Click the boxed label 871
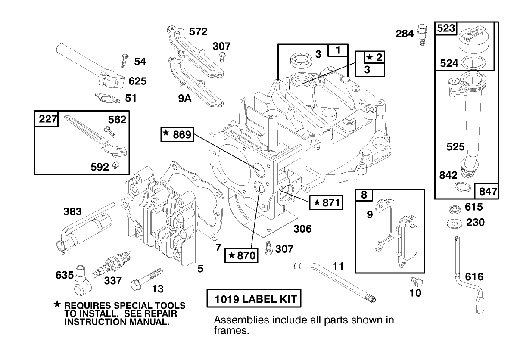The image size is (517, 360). [326, 202]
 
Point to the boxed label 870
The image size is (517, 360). [241, 256]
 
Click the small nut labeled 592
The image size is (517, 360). [115, 166]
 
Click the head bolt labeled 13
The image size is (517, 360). [146, 279]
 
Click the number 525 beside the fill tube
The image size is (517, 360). [455, 147]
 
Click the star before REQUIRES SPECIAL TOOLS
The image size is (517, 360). [56, 304]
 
